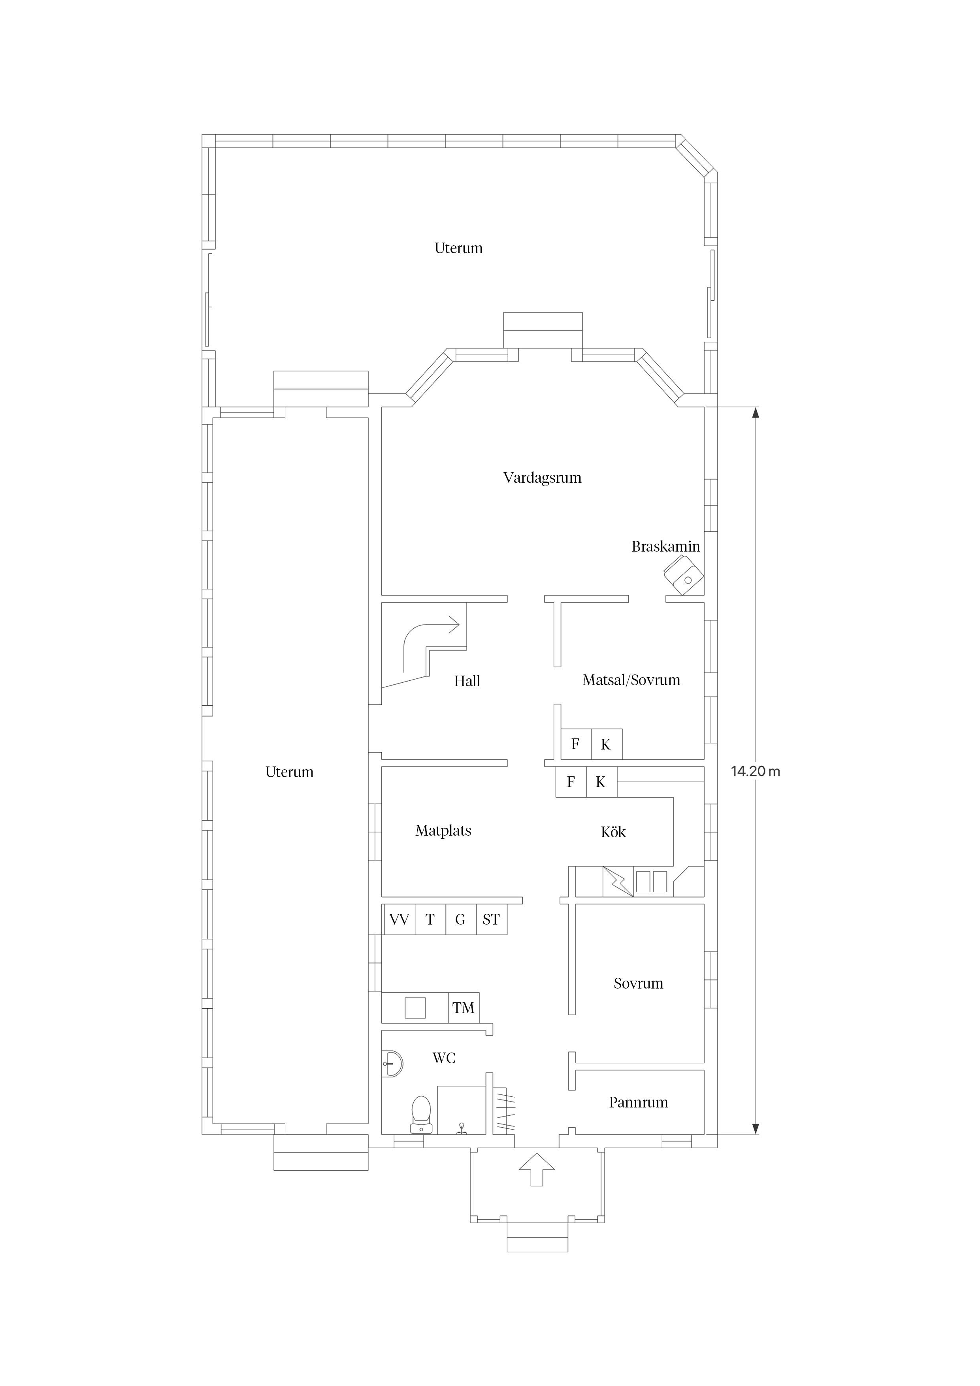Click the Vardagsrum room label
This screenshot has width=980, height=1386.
click(542, 478)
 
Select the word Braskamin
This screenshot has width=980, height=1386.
click(665, 547)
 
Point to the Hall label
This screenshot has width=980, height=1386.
click(467, 682)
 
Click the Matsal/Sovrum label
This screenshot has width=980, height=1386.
click(631, 680)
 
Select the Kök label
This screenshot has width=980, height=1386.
click(613, 832)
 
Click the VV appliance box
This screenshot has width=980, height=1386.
click(399, 919)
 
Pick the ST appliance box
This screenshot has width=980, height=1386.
click(491, 919)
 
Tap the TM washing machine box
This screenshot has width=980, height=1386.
click(463, 1007)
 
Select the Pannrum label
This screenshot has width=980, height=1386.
click(638, 1103)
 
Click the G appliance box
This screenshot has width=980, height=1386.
click(460, 919)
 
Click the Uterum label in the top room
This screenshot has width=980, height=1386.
click(458, 248)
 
